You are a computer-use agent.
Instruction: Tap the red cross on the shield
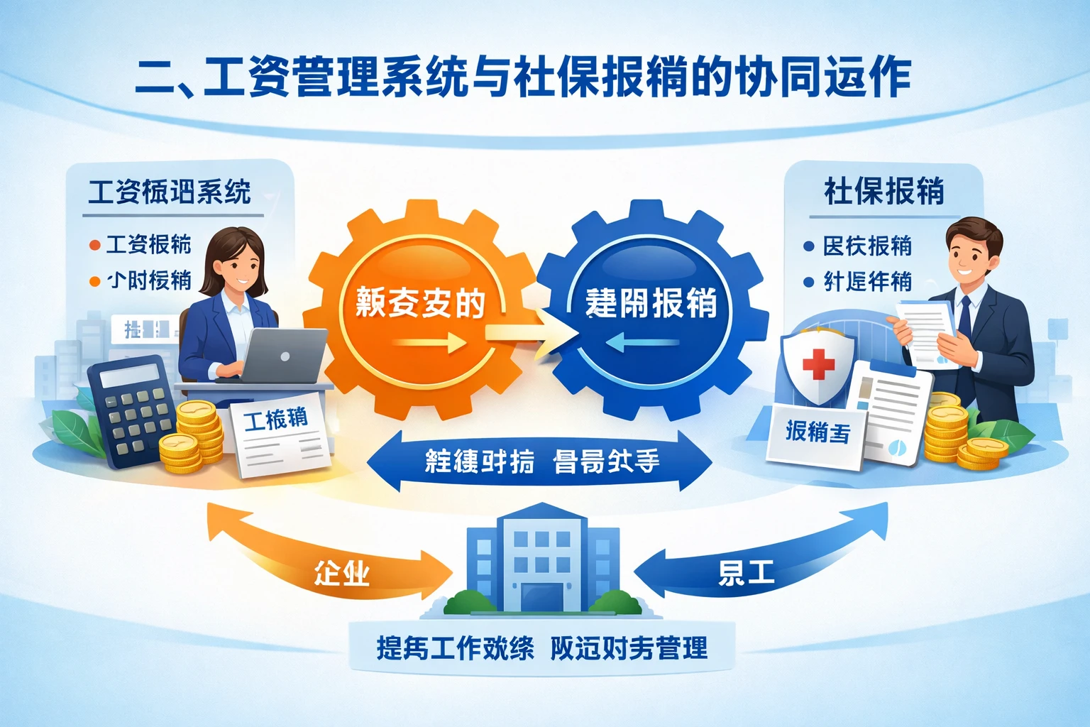tap(818, 363)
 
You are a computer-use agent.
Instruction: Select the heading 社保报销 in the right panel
tap(883, 192)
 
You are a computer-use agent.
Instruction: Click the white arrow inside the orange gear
tap(429, 344)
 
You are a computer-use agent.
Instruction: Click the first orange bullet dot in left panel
tap(94, 246)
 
